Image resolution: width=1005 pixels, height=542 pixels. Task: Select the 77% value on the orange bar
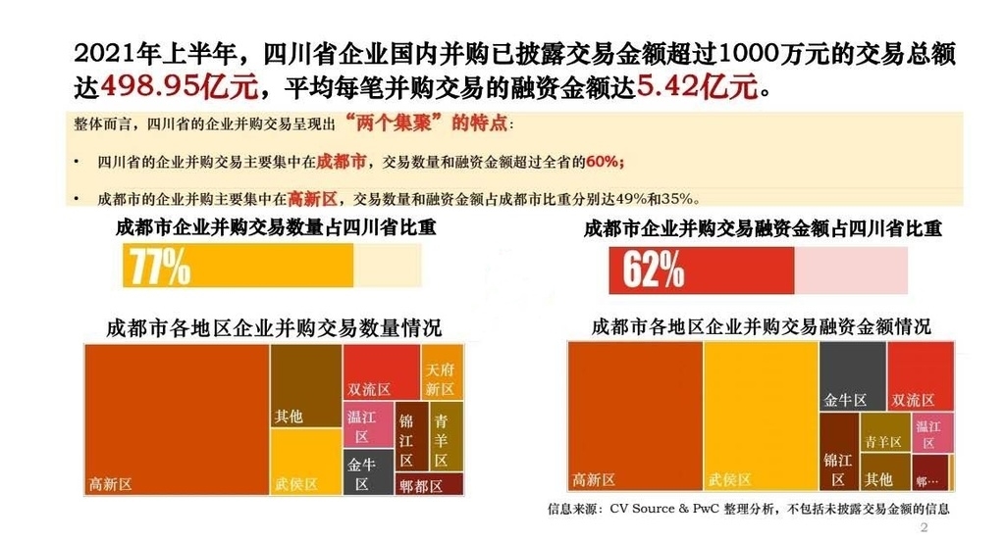pos(157,266)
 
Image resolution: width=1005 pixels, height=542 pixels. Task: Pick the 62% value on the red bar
pos(653,270)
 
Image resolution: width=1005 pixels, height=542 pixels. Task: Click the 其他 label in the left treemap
pos(289,416)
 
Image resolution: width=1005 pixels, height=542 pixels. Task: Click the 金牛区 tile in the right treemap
pos(844,400)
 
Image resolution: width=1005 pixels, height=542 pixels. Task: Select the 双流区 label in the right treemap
pos(913,400)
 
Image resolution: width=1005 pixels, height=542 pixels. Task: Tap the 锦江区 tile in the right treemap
pos(837,468)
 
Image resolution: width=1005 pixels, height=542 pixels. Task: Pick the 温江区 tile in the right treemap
pos(928,434)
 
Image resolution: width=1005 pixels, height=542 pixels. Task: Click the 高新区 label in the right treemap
pos(594,479)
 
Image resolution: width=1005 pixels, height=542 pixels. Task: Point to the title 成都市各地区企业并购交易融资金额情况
pos(761,326)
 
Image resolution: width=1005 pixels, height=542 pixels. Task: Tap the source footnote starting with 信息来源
pos(748,509)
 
